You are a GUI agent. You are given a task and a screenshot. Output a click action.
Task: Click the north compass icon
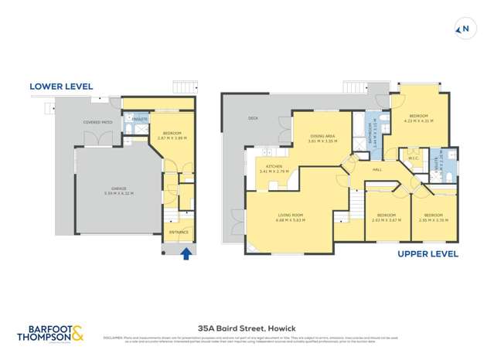[464, 29]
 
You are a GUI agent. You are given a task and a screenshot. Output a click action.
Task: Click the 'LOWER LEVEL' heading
[61, 87]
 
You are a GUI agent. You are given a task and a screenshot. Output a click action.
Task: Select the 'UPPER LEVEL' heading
[428, 253]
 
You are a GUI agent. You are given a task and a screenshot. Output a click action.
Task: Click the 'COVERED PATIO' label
[99, 122]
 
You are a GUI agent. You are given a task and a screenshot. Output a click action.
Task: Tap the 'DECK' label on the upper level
[252, 118]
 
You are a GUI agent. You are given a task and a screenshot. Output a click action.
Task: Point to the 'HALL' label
[377, 169]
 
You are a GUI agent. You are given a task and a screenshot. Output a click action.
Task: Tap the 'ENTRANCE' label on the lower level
[179, 231]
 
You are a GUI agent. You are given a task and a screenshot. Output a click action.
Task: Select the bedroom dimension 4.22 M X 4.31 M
[418, 121]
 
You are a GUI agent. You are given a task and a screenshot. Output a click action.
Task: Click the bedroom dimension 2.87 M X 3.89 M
[172, 138]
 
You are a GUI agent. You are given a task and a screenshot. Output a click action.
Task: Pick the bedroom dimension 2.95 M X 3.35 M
[433, 219]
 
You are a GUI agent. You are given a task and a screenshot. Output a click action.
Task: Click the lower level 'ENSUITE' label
[140, 120]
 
